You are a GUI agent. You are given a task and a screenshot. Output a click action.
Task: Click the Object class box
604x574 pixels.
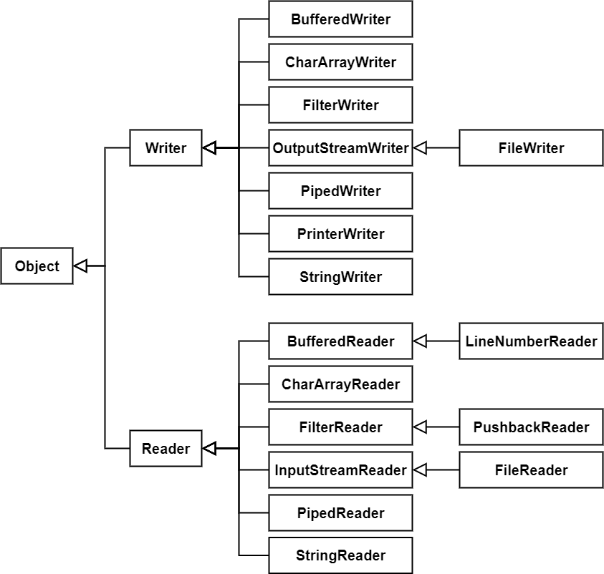pyautogui.click(x=37, y=266)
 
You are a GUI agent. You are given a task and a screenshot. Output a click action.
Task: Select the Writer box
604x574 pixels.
pyautogui.click(x=166, y=147)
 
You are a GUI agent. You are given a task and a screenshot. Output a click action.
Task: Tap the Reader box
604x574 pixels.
pyautogui.click(x=166, y=448)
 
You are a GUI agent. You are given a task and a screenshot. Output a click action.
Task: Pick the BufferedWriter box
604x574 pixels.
pyautogui.click(x=340, y=19)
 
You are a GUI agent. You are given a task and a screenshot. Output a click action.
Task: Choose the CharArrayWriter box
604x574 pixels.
pyautogui.click(x=340, y=62)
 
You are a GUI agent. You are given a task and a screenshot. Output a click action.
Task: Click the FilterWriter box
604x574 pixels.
pyautogui.click(x=340, y=105)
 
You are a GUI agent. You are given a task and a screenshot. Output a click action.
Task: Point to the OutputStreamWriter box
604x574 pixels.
pyautogui.click(x=340, y=147)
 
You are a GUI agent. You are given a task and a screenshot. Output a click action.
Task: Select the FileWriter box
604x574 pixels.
pyautogui.click(x=531, y=147)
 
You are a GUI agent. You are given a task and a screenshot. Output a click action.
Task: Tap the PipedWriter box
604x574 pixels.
pyautogui.click(x=340, y=191)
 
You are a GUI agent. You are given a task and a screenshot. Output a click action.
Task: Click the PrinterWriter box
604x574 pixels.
pyautogui.click(x=340, y=234)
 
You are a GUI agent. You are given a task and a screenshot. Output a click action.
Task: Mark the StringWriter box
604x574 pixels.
pyautogui.click(x=340, y=276)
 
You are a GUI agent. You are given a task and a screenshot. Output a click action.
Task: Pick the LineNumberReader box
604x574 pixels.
pyautogui.click(x=531, y=341)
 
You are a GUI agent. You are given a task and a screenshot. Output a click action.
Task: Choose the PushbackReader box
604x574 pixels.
pyautogui.click(x=531, y=427)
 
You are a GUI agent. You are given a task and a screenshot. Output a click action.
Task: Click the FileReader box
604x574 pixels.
pyautogui.click(x=531, y=470)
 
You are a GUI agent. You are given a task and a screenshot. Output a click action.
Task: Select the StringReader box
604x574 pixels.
pyautogui.click(x=340, y=555)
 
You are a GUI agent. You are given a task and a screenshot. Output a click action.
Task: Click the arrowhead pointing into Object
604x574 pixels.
pyautogui.click(x=80, y=266)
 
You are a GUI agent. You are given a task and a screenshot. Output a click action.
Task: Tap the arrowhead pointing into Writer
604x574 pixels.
pyautogui.click(x=209, y=147)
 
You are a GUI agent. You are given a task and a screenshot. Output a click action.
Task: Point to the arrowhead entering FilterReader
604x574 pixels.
pyautogui.click(x=420, y=427)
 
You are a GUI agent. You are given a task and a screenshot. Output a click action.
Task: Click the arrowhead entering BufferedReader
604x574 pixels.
pyautogui.click(x=420, y=341)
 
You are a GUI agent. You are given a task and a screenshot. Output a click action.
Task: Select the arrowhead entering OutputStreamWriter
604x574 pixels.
pyautogui.click(x=420, y=147)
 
